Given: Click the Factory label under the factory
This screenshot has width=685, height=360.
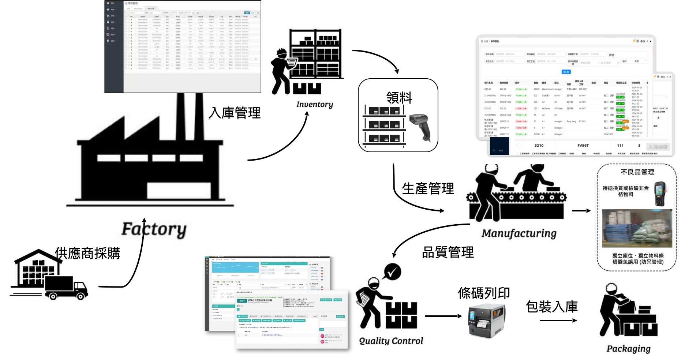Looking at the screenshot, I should (154, 229).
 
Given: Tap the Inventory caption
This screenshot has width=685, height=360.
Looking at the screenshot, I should (315, 105).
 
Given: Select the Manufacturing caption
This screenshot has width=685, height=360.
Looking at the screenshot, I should (519, 233).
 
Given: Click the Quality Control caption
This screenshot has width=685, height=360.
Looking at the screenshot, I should (391, 341).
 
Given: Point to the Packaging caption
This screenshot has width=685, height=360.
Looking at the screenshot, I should (628, 349).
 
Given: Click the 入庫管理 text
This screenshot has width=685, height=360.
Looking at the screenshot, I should (235, 113).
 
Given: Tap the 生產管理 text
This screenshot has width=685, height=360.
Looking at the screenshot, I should (428, 188).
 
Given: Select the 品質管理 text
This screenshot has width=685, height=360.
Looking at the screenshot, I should (448, 252).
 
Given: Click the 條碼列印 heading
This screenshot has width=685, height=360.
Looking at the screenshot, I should (484, 293).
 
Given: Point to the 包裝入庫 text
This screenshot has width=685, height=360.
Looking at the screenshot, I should (551, 307).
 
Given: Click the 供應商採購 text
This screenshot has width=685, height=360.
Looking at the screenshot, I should (87, 253).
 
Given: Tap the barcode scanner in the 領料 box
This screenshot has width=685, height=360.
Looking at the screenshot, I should (421, 126).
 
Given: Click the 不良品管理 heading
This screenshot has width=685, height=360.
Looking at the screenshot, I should (637, 172).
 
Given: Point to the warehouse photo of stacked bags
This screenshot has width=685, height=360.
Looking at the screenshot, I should (637, 228).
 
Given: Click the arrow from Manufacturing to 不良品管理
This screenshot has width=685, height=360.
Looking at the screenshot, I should (581, 211).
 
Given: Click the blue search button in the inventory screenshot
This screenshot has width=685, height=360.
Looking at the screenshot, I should (566, 72).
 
